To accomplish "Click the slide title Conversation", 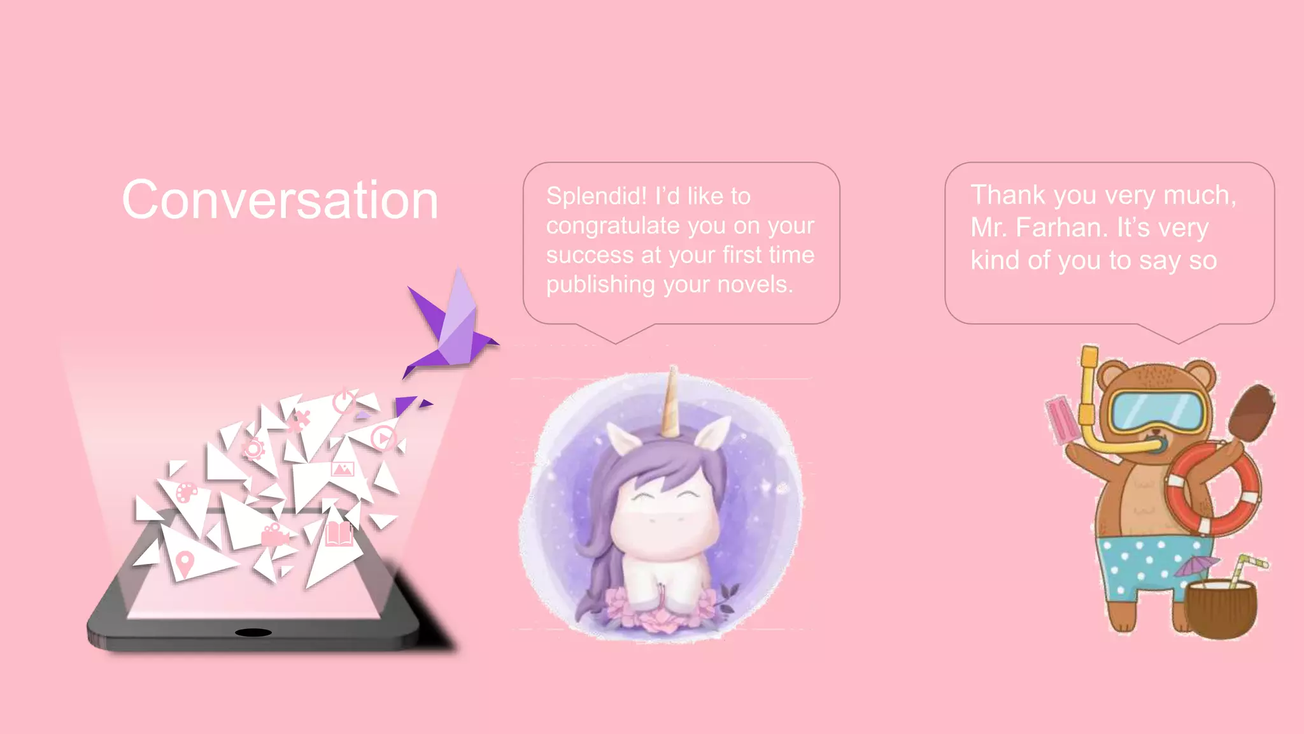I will pos(280,200).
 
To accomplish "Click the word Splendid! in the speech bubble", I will pos(596,196).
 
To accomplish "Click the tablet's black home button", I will pos(253,632).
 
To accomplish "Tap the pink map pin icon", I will pos(184,563).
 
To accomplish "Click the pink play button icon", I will pos(383,438).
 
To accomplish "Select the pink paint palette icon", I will pos(187,492).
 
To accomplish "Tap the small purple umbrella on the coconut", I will pos(1196,565).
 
